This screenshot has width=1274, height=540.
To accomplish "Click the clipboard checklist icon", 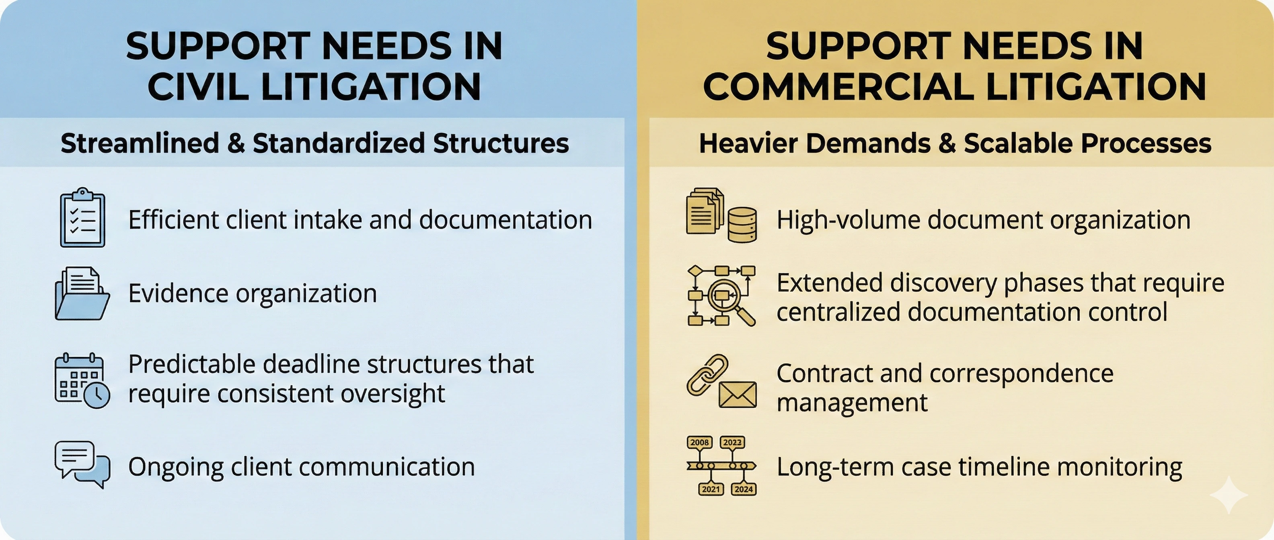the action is (82, 217).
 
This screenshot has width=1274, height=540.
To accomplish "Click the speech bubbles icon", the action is (82, 464).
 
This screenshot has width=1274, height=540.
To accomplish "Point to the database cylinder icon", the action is (742, 225).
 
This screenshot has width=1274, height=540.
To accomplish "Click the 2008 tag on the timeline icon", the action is (699, 442).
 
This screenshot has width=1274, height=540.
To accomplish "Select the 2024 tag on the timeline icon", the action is (743, 489).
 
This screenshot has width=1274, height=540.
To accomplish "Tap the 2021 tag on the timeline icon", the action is (711, 489).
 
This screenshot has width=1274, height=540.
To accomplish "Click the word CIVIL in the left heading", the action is (200, 86).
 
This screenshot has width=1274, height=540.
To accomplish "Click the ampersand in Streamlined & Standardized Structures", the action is (236, 143).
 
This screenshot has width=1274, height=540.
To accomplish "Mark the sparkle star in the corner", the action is (1229, 495).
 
